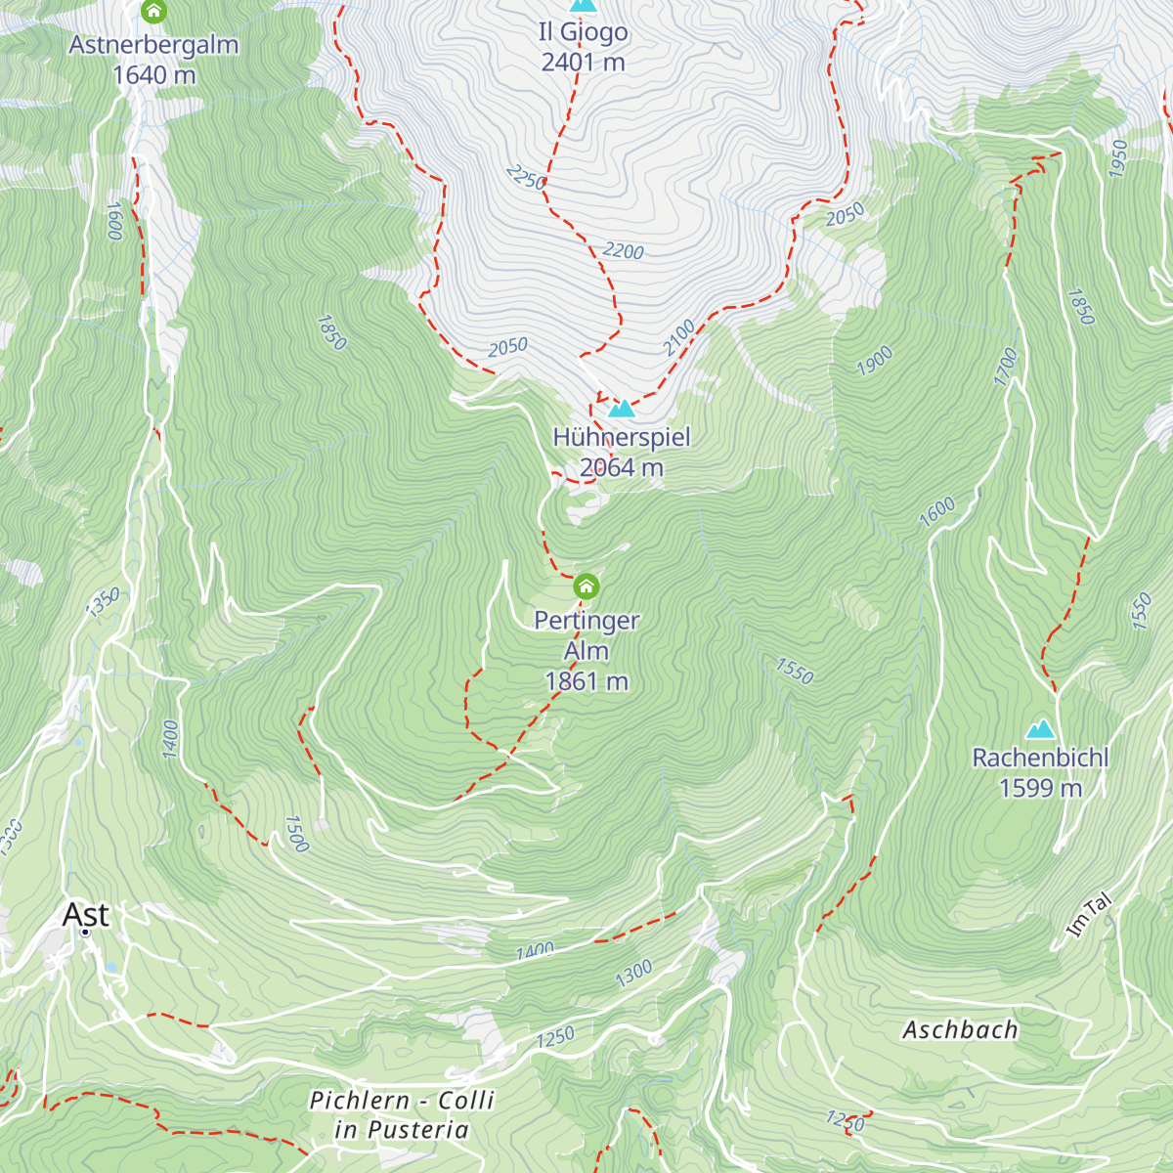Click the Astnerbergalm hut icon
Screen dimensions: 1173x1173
(153, 12)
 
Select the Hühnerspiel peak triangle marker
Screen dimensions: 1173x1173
(622, 408)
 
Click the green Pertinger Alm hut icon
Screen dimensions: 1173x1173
(586, 586)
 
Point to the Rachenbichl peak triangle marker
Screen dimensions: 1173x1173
(1040, 729)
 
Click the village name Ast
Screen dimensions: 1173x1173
(86, 915)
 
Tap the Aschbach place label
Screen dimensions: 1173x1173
(959, 1029)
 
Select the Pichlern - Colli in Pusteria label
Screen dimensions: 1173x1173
(402, 1114)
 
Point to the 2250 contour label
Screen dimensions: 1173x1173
(526, 178)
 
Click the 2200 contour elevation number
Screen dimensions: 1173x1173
(623, 251)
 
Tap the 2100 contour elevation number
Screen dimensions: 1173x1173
(679, 337)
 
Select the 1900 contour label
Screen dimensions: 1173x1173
(875, 361)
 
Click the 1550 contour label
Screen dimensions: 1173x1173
(794, 671)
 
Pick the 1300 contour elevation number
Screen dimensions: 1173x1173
(633, 974)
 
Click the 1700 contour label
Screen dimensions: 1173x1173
(1006, 367)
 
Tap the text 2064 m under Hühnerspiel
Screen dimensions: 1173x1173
(622, 467)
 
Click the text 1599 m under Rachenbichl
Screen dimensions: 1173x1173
(1040, 788)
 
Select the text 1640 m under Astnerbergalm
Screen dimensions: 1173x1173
(153, 75)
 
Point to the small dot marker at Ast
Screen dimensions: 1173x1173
(85, 933)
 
